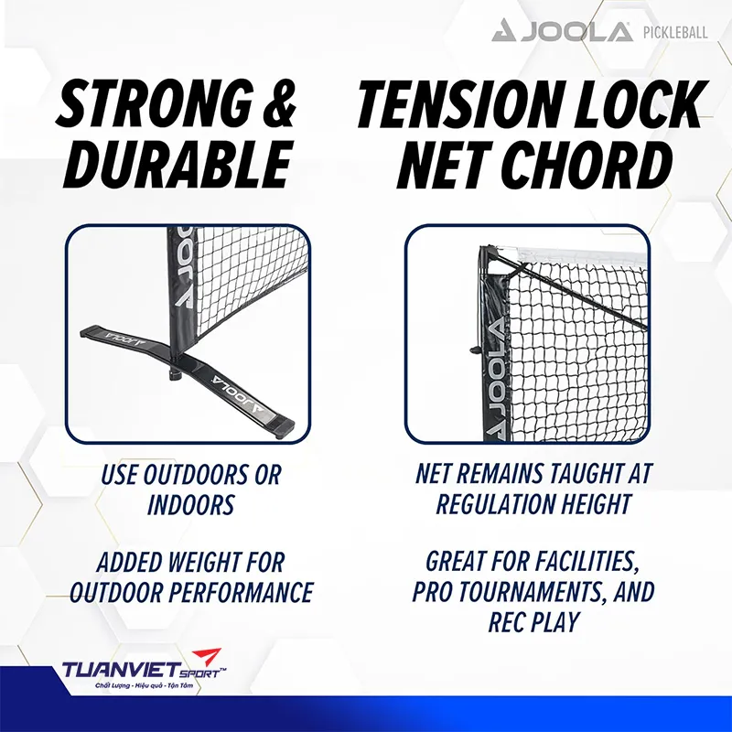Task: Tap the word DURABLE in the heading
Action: point(174,166)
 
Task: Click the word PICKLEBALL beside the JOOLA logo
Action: point(674,34)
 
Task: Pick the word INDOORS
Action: point(190,504)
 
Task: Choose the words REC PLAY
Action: point(534,621)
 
